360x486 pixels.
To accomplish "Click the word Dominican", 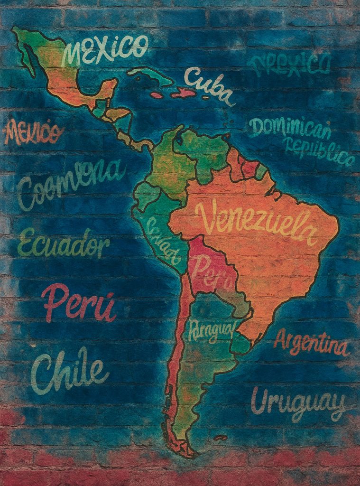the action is [x=289, y=128].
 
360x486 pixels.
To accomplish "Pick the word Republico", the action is [x=319, y=151].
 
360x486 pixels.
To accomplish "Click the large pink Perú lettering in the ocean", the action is [x=79, y=302].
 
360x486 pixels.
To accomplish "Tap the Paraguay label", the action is [x=211, y=330].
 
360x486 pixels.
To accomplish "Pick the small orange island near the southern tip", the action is [x=220, y=437].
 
